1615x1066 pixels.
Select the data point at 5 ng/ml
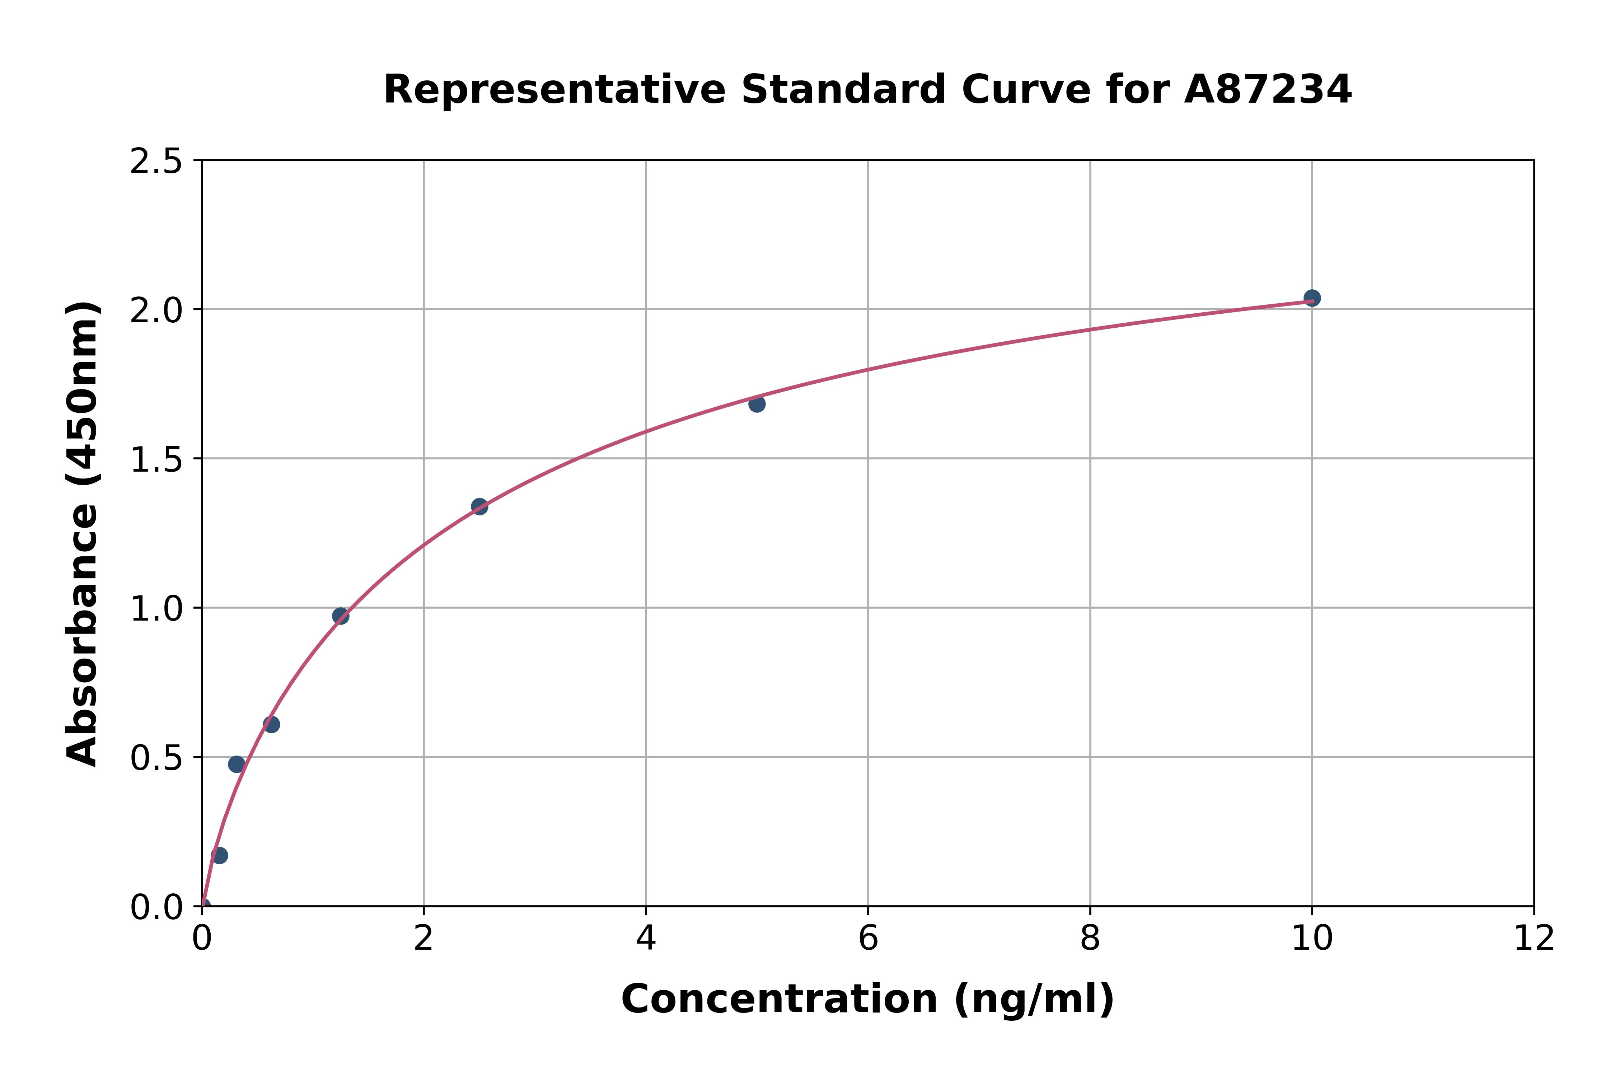tap(757, 404)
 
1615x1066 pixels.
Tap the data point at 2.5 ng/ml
tap(479, 506)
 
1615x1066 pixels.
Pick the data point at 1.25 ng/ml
tap(341, 616)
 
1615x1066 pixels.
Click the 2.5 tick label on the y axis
tap(156, 162)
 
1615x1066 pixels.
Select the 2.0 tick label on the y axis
tap(156, 311)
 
